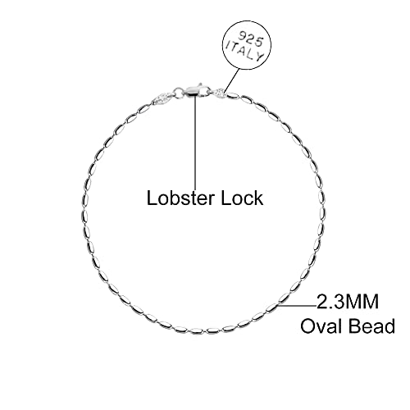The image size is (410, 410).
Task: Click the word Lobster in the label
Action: pos(181,198)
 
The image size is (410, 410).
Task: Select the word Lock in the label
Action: pos(242,198)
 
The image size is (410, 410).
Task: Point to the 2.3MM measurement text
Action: pos(348,302)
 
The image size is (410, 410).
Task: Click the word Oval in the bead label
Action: pos(322,326)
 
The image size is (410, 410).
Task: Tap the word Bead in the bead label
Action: pos(372,326)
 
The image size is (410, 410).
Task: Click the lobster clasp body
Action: pos(196,89)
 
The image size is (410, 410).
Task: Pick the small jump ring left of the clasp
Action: pos(178,92)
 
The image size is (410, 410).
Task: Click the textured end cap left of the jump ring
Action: pos(164,98)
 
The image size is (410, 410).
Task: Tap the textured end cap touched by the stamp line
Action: pos(221,93)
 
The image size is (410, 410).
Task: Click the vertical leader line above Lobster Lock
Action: pos(195,140)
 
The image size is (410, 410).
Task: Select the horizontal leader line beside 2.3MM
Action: pos(297,306)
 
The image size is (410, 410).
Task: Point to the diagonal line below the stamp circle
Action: pos(232,80)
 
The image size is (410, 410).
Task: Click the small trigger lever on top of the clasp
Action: pos(201,84)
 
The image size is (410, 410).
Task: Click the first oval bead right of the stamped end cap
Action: pos(232,95)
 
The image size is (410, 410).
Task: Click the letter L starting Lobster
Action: pos(152,198)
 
